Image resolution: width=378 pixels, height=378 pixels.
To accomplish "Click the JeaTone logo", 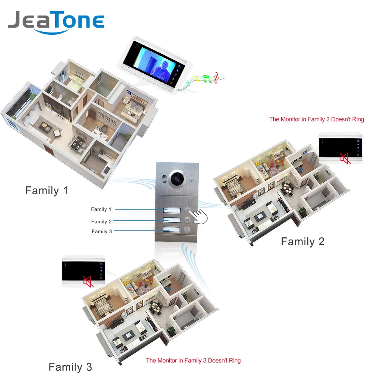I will click(56, 22).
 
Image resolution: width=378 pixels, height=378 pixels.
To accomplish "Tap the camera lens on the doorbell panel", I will click(178, 178).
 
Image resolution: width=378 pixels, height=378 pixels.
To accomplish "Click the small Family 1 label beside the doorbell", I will click(101, 209).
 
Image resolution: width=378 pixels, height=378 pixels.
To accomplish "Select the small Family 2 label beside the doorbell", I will click(101, 222).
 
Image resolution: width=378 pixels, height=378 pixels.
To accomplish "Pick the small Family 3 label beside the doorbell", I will click(102, 231).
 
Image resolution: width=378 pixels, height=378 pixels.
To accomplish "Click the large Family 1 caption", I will click(46, 191).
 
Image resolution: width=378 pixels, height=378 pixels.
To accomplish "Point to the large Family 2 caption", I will click(302, 242).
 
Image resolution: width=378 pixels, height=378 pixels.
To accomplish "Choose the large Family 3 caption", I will click(70, 367).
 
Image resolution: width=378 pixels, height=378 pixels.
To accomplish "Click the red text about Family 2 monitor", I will click(316, 119).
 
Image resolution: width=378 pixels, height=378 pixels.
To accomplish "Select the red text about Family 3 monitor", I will click(193, 361).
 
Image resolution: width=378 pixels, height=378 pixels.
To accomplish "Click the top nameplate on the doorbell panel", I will click(170, 210).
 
